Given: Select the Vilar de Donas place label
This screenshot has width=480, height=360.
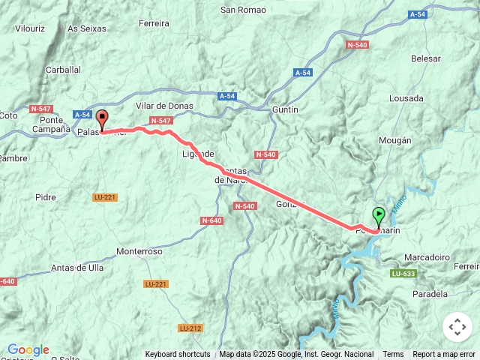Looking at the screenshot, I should (164, 106).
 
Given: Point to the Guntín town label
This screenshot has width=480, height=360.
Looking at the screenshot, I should (284, 109).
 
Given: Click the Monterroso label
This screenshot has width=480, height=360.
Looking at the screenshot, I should (139, 252).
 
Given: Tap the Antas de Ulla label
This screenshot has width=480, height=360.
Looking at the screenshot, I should (77, 268).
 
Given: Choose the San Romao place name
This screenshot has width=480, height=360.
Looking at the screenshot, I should (242, 10).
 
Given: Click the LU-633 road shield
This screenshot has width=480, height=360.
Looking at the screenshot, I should (403, 274).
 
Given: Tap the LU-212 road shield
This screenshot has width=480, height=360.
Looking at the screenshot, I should (190, 328).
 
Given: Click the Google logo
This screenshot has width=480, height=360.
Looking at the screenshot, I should (28, 349).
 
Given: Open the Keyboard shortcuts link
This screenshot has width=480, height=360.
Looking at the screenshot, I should (178, 355).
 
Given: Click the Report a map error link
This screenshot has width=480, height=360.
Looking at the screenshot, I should (444, 355).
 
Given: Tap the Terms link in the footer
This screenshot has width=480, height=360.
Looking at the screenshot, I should (393, 355).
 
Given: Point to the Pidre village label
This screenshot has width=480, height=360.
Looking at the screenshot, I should (46, 197).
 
